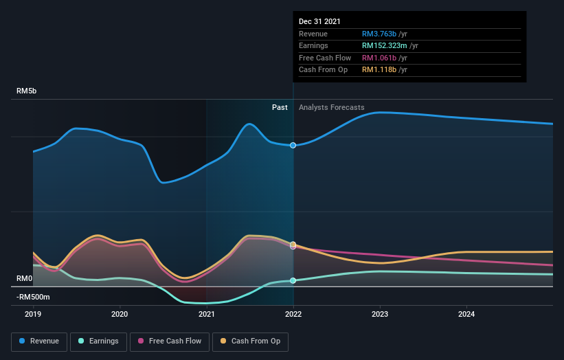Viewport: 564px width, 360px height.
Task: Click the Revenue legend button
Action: pos(40,341)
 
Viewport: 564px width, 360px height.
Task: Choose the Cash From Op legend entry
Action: pos(251,341)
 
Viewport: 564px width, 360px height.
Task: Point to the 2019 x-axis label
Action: pos(33,315)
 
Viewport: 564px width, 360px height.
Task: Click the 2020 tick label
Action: pos(120,315)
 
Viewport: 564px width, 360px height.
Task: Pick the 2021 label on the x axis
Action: pos(207,315)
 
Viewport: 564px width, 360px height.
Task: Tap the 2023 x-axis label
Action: pos(380,315)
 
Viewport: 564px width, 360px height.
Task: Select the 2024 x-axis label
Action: pos(466,315)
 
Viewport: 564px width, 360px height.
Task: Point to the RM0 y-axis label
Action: pos(25,278)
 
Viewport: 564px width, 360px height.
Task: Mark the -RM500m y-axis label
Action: pos(34,297)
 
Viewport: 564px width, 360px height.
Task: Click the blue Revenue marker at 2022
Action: pos(293,145)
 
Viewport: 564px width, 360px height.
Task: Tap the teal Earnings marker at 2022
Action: pos(293,280)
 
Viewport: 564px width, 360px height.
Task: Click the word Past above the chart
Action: pos(280,107)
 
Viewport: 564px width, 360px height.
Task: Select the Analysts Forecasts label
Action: pos(331,107)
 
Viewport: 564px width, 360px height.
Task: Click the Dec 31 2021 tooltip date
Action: pos(319,22)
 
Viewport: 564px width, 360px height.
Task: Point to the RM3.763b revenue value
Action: pos(380,34)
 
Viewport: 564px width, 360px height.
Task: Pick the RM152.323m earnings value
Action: pos(385,46)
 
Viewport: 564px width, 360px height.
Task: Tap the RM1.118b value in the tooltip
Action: pos(380,70)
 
